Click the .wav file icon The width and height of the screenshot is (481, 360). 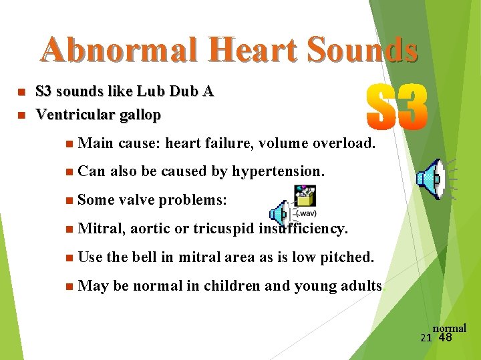pos(305,200)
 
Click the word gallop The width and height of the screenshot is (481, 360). pos(139,115)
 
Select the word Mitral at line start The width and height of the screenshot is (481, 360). pos(100,229)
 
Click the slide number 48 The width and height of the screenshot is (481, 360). pos(445,337)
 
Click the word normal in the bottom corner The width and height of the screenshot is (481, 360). pos(450,328)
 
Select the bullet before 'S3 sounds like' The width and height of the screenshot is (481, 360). pos(22,91)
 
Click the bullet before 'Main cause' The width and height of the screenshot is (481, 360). pos(70,143)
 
